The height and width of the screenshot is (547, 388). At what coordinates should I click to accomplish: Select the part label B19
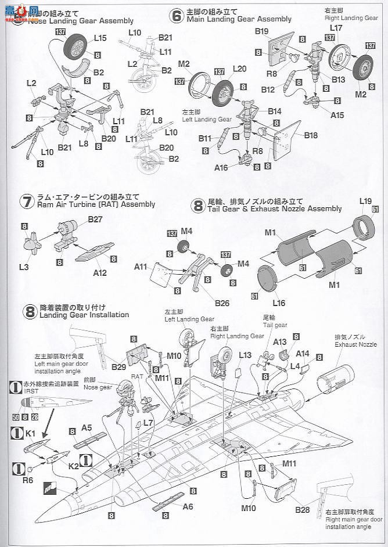[261, 31]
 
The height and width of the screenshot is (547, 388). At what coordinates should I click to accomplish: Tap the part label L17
[336, 28]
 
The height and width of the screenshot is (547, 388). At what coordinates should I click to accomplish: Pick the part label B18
[311, 135]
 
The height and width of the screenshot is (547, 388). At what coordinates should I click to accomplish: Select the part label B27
[95, 219]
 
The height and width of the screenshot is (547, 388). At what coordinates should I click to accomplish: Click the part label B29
[119, 367]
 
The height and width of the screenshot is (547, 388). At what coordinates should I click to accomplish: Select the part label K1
[31, 433]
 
